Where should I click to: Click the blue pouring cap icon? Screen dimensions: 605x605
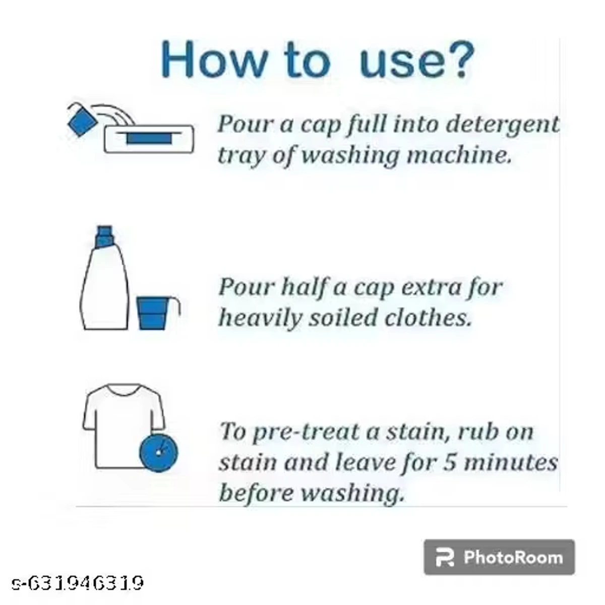[81, 121]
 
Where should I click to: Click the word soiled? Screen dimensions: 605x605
[343, 318]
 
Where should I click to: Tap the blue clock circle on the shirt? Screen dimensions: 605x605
[158, 452]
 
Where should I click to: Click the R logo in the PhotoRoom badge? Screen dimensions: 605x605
[444, 558]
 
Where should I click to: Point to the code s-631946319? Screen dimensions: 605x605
[78, 583]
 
